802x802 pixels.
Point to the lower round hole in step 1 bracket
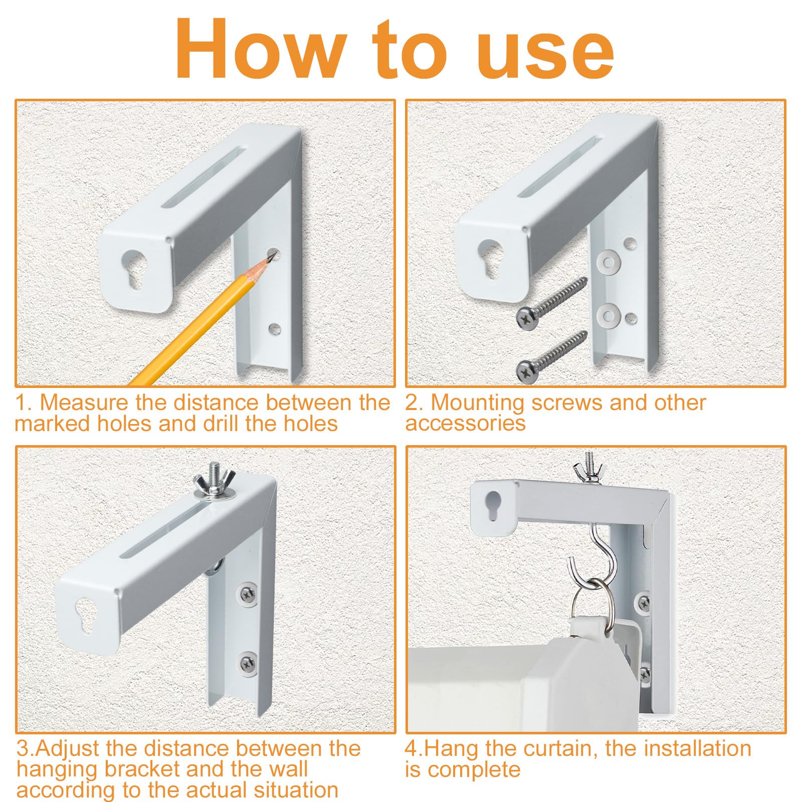click(x=274, y=329)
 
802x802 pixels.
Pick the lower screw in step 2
click(x=551, y=357)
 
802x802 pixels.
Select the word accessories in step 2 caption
click(x=466, y=424)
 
